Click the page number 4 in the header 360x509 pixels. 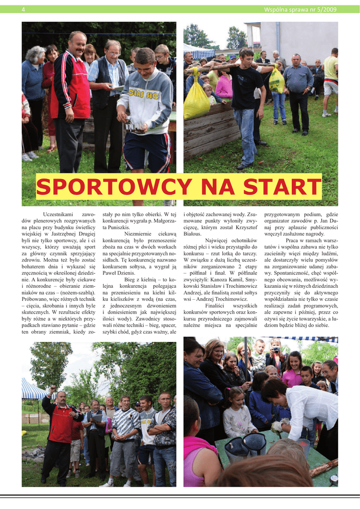23,9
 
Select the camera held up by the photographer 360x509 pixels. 275,350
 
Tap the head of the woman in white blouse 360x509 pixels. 274,390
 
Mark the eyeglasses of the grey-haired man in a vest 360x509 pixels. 114,52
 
